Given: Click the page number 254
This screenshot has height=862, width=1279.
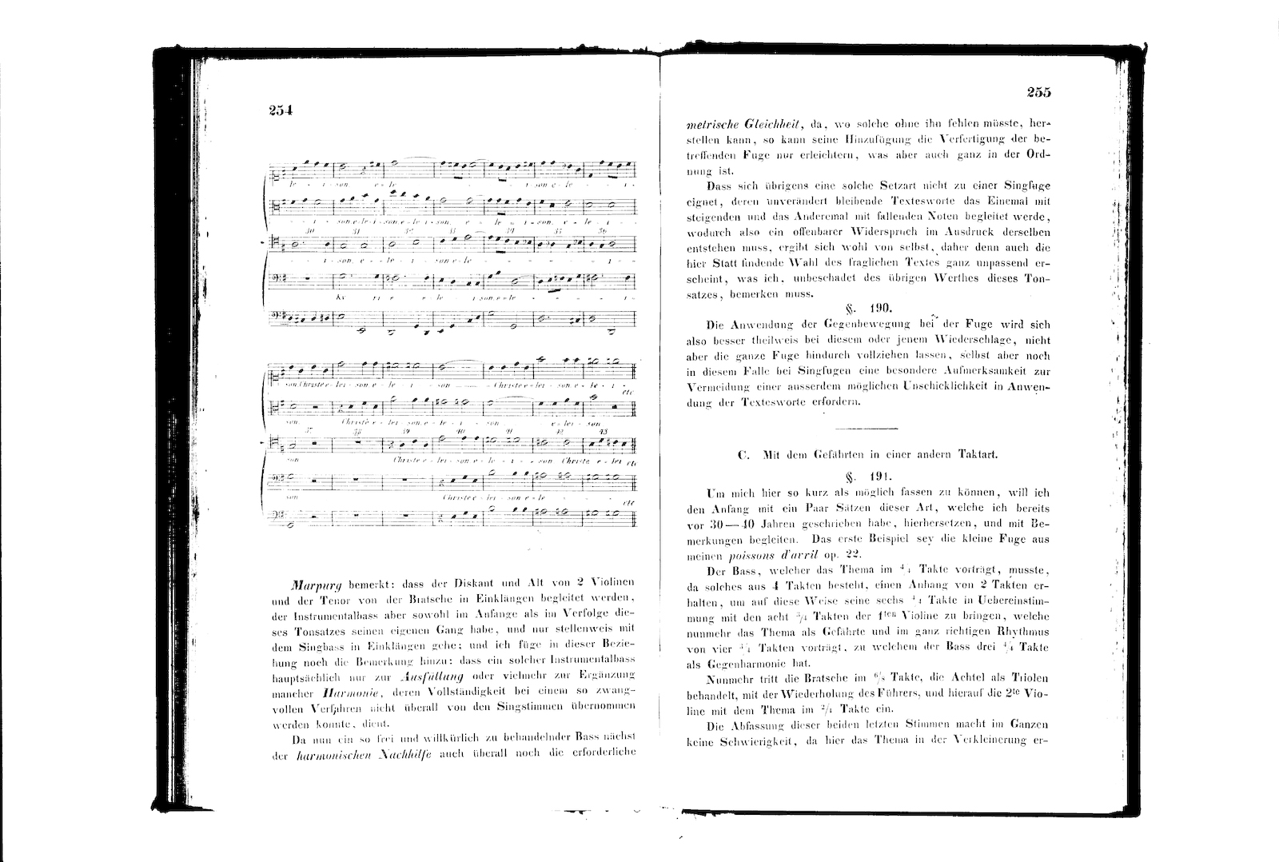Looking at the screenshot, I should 282,111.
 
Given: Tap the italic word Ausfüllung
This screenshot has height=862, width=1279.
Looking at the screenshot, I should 420,676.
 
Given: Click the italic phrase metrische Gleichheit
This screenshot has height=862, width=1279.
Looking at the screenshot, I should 744,125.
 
